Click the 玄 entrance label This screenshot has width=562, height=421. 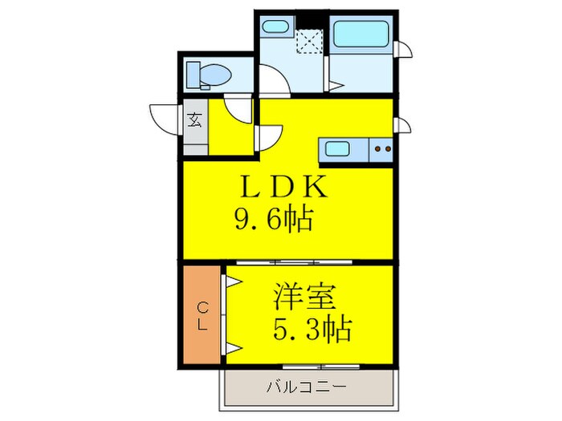tap(194, 122)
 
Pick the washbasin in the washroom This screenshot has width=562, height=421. tap(275, 26)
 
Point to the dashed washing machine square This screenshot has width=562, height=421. tap(309, 41)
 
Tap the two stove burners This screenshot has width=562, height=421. tap(381, 148)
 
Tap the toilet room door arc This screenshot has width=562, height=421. tap(238, 108)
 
